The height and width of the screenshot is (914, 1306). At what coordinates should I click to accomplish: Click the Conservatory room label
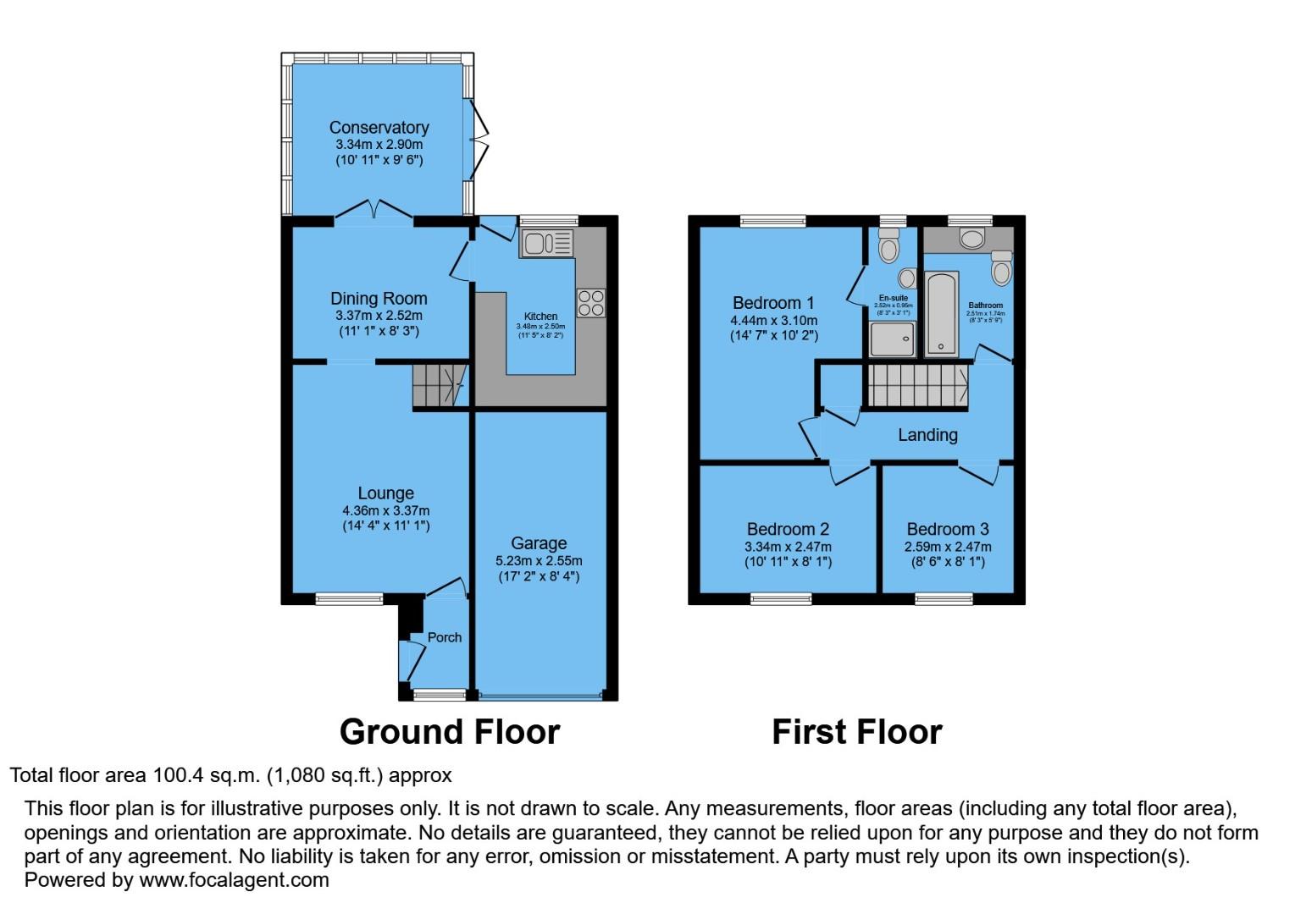click(x=379, y=128)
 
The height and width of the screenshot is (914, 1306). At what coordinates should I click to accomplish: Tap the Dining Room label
click(x=379, y=299)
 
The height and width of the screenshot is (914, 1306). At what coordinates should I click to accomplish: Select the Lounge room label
click(x=385, y=493)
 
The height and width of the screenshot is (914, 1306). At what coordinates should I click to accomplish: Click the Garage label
click(x=539, y=543)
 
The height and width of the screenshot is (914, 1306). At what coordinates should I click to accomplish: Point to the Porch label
click(x=445, y=637)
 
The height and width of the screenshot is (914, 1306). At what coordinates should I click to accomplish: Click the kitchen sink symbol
click(x=546, y=244)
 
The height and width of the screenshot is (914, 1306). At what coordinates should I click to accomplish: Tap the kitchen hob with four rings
click(x=590, y=302)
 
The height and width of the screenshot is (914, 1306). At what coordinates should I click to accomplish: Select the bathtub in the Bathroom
click(x=941, y=313)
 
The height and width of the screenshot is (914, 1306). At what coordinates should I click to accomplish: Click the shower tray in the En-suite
click(x=893, y=338)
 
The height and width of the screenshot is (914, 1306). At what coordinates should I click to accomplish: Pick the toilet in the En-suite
click(x=888, y=246)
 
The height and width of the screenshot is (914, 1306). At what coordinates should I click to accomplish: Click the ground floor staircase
click(x=440, y=387)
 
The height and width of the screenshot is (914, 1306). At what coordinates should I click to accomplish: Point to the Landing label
click(x=927, y=435)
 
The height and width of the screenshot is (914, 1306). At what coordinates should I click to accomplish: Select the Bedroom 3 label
click(x=947, y=530)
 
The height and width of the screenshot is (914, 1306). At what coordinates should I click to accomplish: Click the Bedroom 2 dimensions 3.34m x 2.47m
click(x=788, y=547)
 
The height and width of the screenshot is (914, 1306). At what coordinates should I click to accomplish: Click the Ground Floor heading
click(x=450, y=732)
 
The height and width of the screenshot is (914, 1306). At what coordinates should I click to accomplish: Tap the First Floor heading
click(x=856, y=732)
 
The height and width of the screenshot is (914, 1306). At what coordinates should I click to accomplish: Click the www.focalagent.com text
click(x=234, y=880)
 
